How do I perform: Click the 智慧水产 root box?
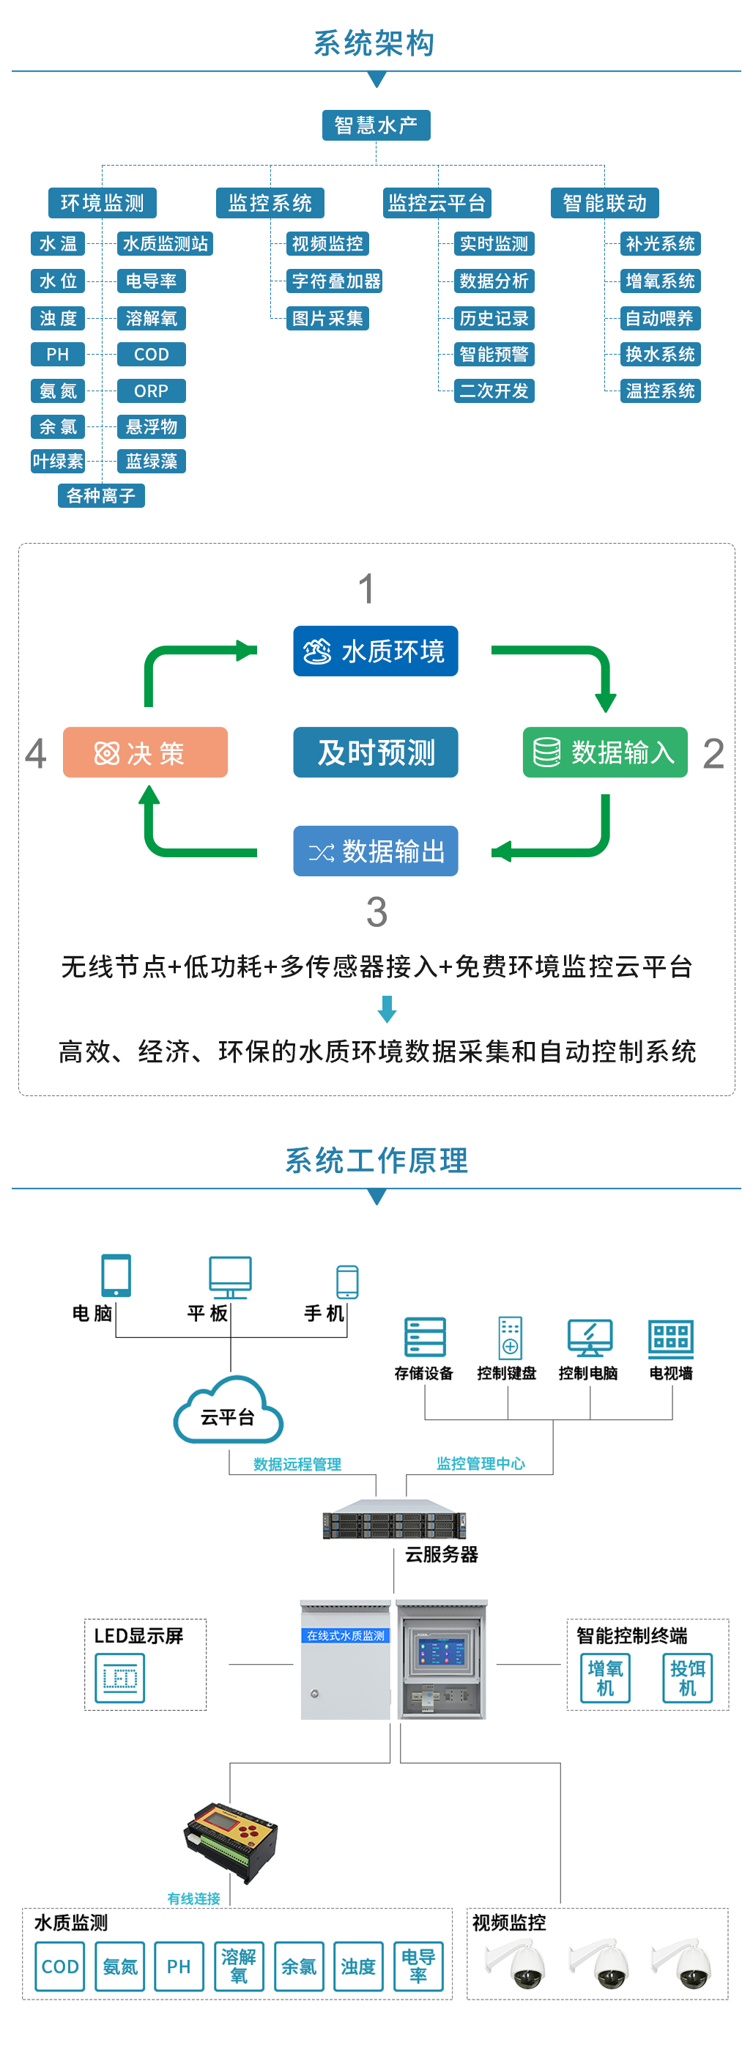(x=376, y=125)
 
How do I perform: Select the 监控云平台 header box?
(x=437, y=203)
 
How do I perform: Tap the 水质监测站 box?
(x=165, y=244)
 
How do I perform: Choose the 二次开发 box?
(x=494, y=391)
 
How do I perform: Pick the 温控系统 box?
(x=660, y=391)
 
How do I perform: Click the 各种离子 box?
(x=101, y=496)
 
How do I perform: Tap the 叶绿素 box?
(x=58, y=461)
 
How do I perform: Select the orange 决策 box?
(x=145, y=752)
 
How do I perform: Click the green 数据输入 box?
(x=604, y=752)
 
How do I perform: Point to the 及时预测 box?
(x=375, y=752)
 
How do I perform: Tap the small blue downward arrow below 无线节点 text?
(x=387, y=1009)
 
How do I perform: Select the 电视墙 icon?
(x=670, y=1339)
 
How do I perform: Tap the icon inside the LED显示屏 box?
(x=120, y=1678)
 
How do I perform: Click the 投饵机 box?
(x=687, y=1678)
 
